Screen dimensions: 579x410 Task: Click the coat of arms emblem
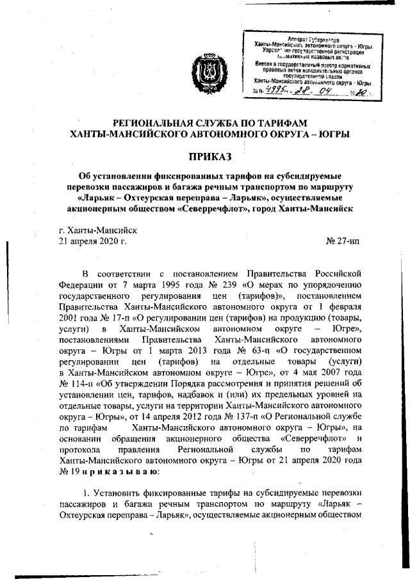point(206,72)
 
